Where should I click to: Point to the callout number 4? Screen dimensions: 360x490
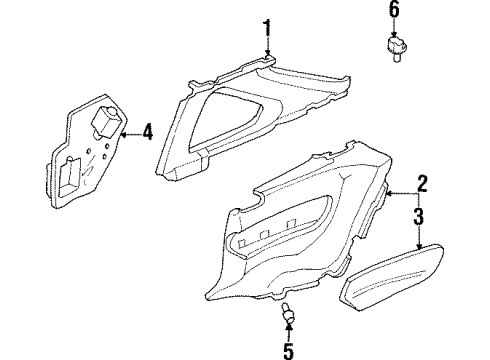point(148,131)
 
